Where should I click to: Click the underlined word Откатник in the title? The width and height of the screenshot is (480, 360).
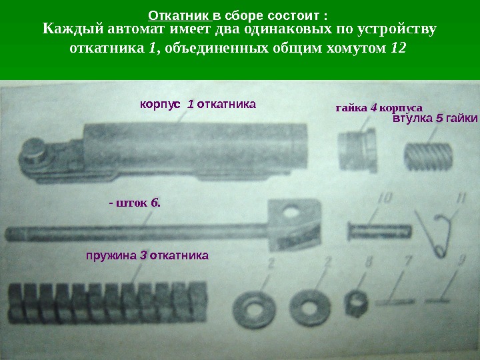click(x=180, y=15)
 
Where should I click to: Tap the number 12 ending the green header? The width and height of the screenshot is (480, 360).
click(x=399, y=48)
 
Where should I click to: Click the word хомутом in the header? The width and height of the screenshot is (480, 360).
click(x=356, y=49)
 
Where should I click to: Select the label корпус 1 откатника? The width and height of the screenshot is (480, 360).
click(x=198, y=105)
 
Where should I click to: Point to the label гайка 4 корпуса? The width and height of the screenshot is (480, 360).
click(x=379, y=108)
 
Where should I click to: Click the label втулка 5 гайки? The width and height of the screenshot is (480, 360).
click(x=435, y=118)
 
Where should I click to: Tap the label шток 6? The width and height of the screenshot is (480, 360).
click(x=135, y=203)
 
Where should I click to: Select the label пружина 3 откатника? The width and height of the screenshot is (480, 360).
click(x=147, y=255)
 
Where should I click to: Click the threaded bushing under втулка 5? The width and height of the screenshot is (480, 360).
click(x=428, y=157)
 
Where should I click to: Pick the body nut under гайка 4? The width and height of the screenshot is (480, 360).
click(x=357, y=149)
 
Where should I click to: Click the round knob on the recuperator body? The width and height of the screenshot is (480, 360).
click(x=32, y=150)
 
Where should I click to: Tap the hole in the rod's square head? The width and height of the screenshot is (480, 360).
click(x=291, y=211)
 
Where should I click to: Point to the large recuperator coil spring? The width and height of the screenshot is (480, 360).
click(x=108, y=303)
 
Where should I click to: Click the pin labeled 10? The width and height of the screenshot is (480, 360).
click(x=379, y=231)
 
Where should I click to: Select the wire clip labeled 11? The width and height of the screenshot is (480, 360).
click(x=434, y=233)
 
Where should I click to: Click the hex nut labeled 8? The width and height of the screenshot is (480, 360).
click(x=356, y=303)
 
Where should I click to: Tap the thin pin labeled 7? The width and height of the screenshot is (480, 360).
click(x=395, y=302)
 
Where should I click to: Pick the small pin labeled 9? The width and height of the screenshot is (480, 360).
click(x=437, y=301)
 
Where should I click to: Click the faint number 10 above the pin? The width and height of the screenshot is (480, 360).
click(x=385, y=199)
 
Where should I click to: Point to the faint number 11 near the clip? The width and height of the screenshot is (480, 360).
click(x=461, y=199)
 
